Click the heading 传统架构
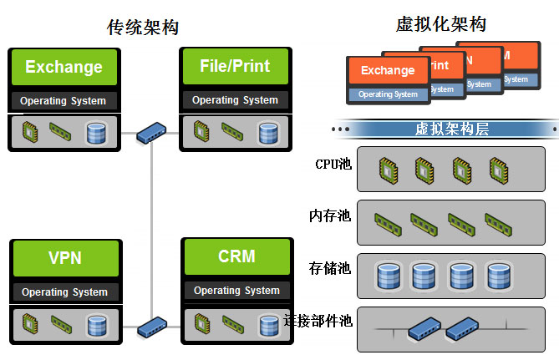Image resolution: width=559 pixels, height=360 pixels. pyautogui.click(x=143, y=28)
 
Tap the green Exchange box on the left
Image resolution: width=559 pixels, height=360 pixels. pyautogui.click(x=64, y=67)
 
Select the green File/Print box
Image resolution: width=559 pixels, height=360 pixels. pyautogui.click(x=235, y=66)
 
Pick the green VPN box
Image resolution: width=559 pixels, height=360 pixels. pyautogui.click(x=64, y=257)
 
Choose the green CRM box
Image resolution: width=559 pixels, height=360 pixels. pyautogui.click(x=236, y=256)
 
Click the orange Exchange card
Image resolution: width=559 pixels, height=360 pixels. pyautogui.click(x=387, y=70)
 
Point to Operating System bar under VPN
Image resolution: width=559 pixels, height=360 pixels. pyautogui.click(x=64, y=292)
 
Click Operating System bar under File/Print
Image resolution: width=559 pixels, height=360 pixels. pyautogui.click(x=235, y=100)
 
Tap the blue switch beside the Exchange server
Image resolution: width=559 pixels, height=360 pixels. pyautogui.click(x=152, y=131)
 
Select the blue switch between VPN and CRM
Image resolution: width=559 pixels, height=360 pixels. pyautogui.click(x=153, y=325)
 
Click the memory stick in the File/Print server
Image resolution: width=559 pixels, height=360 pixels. pyautogui.click(x=232, y=130)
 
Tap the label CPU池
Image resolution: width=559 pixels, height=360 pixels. pyautogui.click(x=333, y=164)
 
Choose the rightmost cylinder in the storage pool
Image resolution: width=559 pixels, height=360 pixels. pyautogui.click(x=498, y=275)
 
